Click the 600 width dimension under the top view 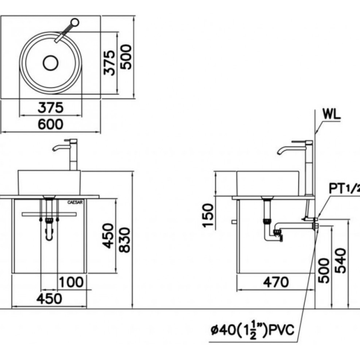coord(50,124)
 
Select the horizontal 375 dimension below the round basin coord(50,108)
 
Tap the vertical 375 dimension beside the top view coord(109,63)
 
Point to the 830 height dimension coord(125,240)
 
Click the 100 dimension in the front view coord(71,282)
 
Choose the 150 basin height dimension coord(208,215)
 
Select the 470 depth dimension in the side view coord(276,282)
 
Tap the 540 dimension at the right coord(341,261)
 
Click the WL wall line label coord(331,114)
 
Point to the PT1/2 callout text coord(345,189)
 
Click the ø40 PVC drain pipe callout coord(253,330)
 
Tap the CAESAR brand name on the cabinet coord(75,202)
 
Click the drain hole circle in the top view coord(51,63)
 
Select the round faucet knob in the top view coord(75,23)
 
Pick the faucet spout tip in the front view coord(54,150)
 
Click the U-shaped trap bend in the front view coord(49,237)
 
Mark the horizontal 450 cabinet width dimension coord(49,299)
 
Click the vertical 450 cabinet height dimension coord(108,236)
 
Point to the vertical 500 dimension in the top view coord(126,57)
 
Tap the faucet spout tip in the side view coord(279,153)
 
